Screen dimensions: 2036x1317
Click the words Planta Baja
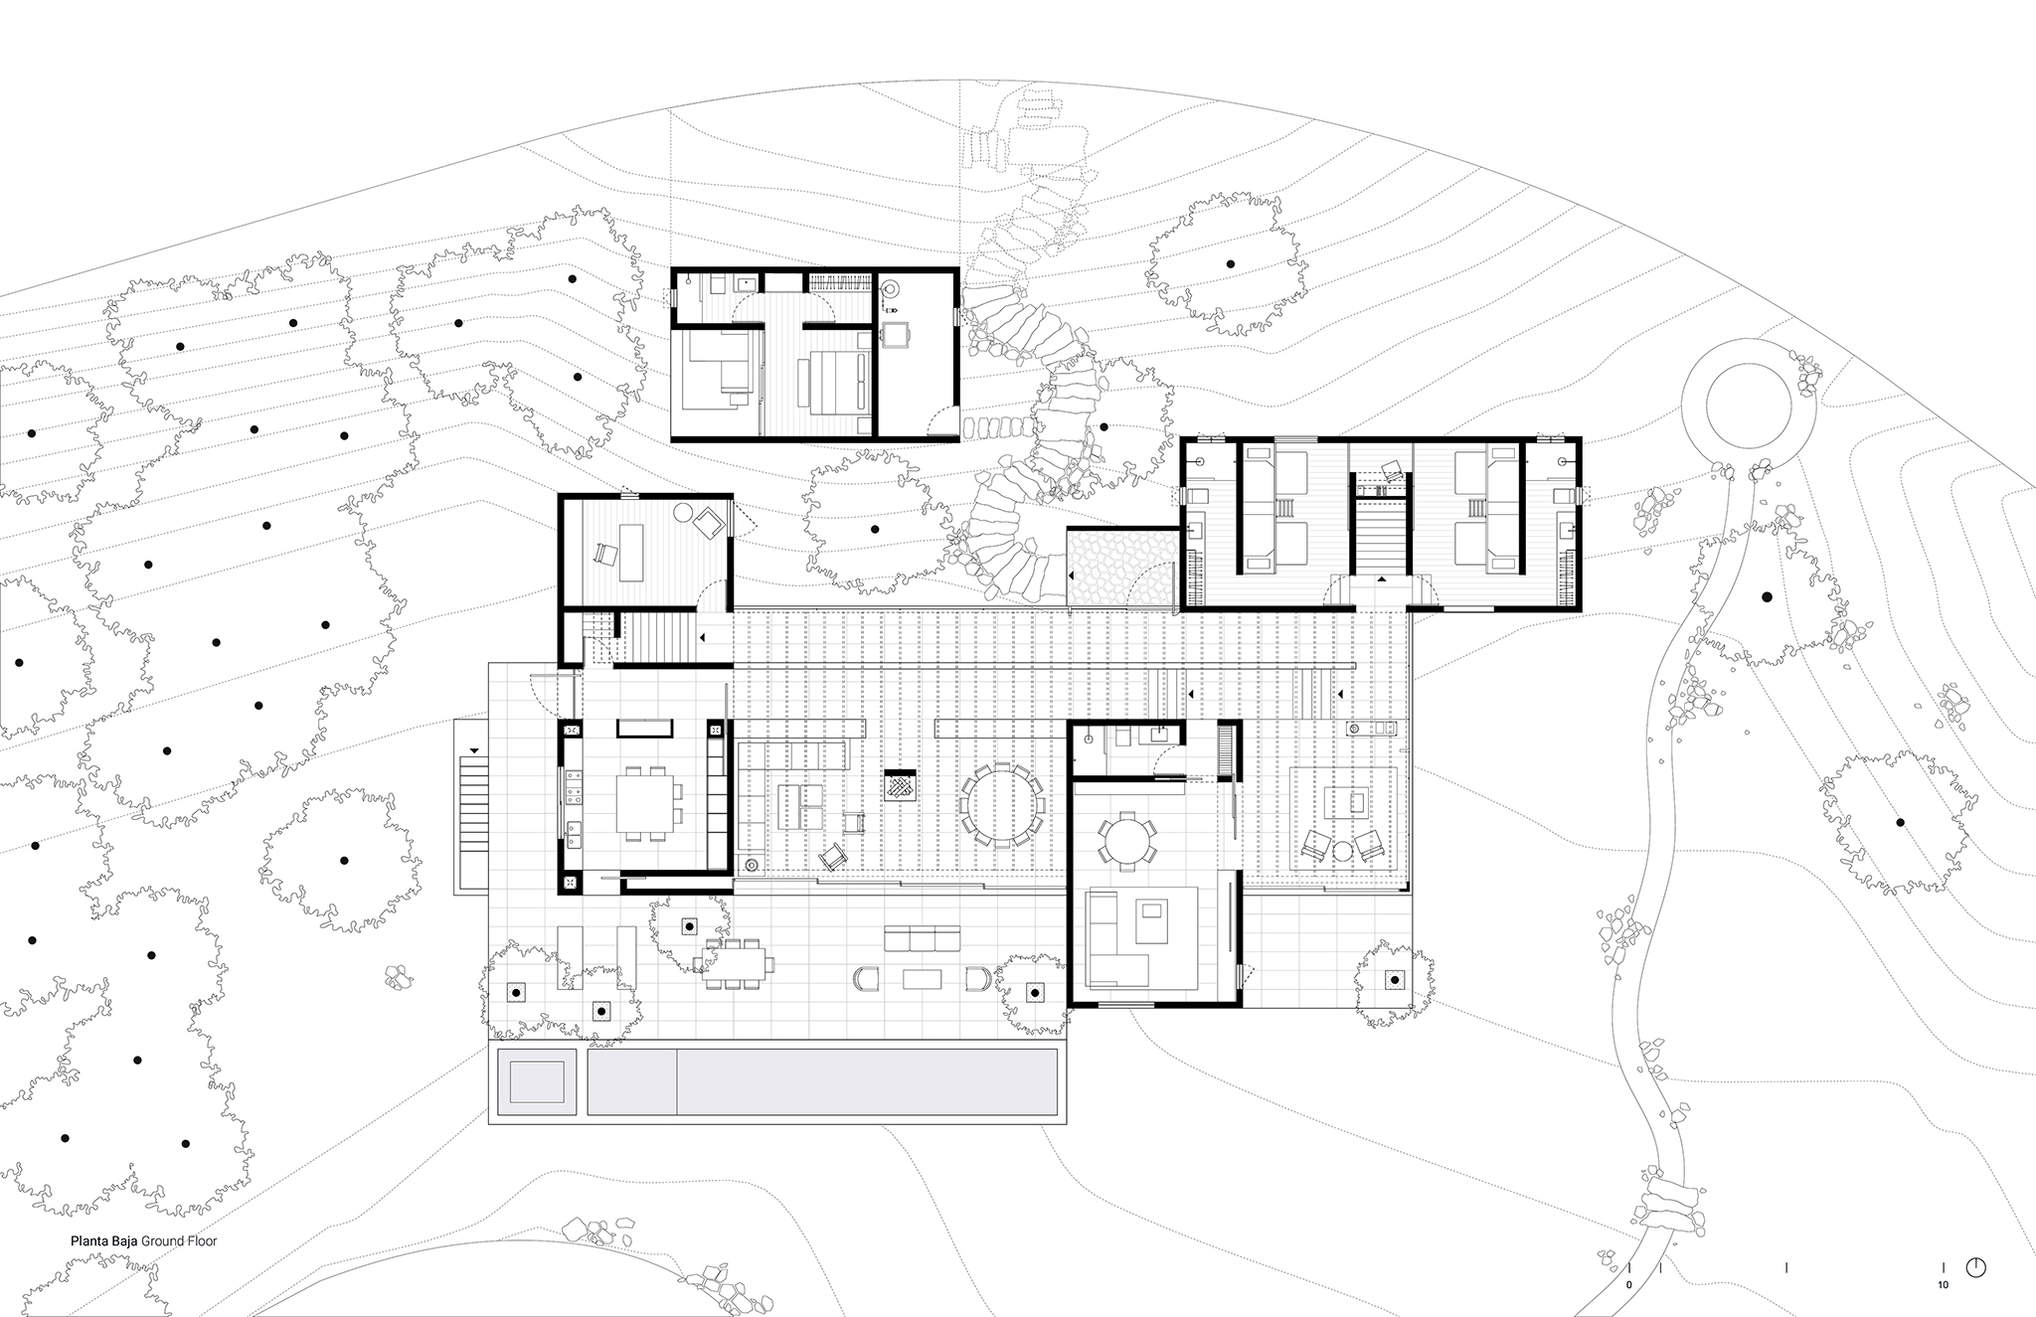[x=103, y=1240]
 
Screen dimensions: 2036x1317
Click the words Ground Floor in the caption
[x=179, y=1240]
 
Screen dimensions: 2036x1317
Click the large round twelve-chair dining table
[x=1002, y=804]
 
